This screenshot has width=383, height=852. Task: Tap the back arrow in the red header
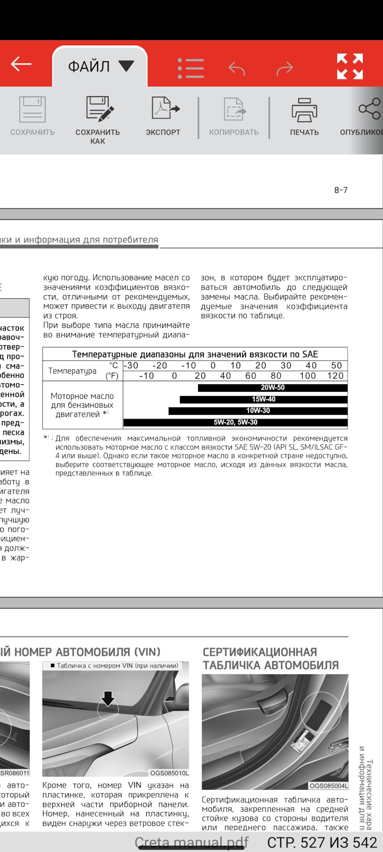click(21, 64)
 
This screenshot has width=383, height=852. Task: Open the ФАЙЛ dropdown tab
click(100, 67)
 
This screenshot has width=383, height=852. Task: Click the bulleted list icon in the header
click(191, 68)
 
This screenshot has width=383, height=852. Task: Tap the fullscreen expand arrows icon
click(350, 67)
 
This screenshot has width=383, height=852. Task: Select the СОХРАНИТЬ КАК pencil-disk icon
click(98, 109)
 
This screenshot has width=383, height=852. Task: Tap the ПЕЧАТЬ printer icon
click(304, 110)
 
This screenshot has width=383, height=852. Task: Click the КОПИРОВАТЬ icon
click(234, 109)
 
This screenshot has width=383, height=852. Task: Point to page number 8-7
click(341, 190)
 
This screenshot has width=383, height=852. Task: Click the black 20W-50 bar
click(272, 388)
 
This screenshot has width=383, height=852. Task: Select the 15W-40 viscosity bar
click(263, 399)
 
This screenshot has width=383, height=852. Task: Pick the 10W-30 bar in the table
click(258, 411)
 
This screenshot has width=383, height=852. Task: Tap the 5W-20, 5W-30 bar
click(235, 422)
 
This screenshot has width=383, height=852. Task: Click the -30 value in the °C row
click(131, 366)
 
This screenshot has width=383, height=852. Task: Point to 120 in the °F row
click(335, 376)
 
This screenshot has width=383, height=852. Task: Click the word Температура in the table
click(72, 371)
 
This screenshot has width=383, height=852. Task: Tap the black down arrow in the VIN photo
click(108, 698)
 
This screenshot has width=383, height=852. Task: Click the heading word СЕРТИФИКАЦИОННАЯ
click(260, 652)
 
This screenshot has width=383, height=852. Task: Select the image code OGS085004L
click(328, 786)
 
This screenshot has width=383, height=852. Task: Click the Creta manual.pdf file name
click(191, 842)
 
